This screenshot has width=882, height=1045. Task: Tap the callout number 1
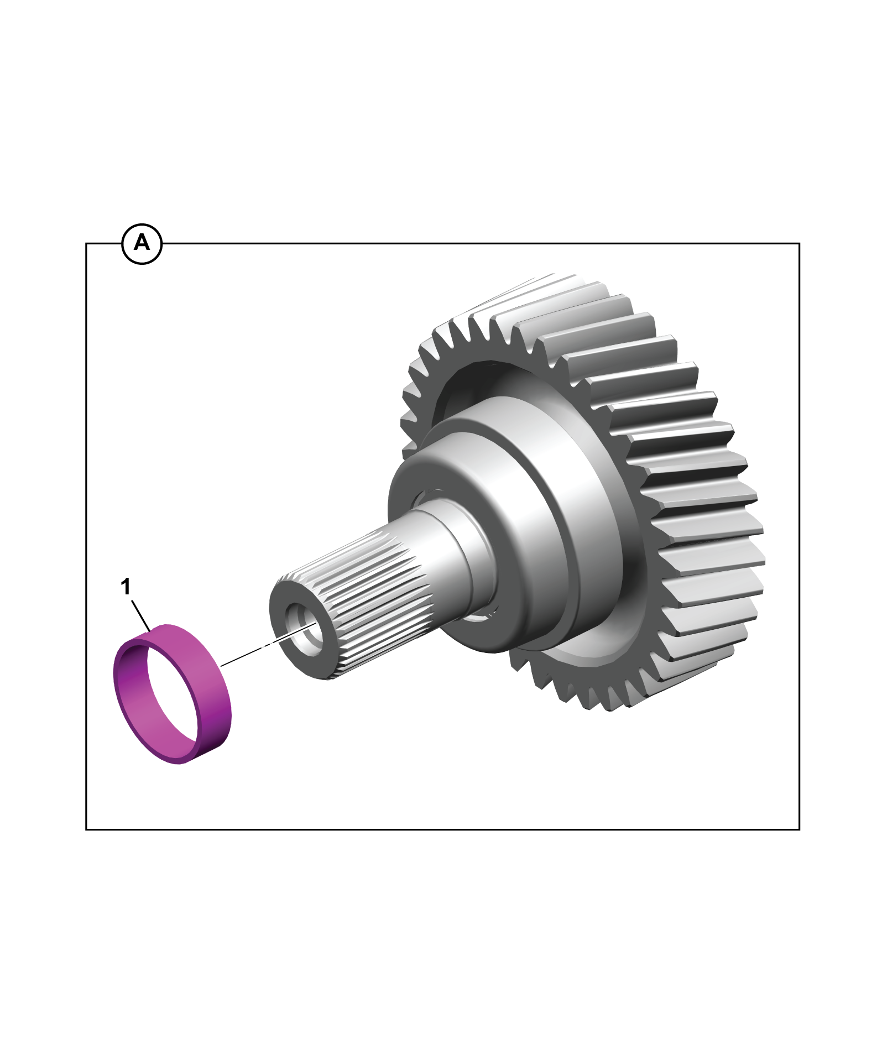pyautogui.click(x=127, y=587)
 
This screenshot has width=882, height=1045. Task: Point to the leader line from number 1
pyautogui.click(x=140, y=613)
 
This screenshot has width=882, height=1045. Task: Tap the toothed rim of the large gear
pyautogui.click(x=691, y=498)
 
